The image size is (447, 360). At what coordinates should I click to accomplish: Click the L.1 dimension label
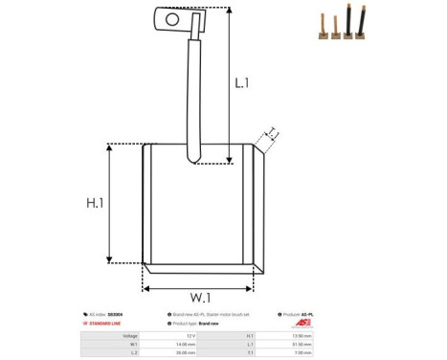click(241, 83)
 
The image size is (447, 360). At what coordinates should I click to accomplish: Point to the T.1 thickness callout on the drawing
click(271, 134)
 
